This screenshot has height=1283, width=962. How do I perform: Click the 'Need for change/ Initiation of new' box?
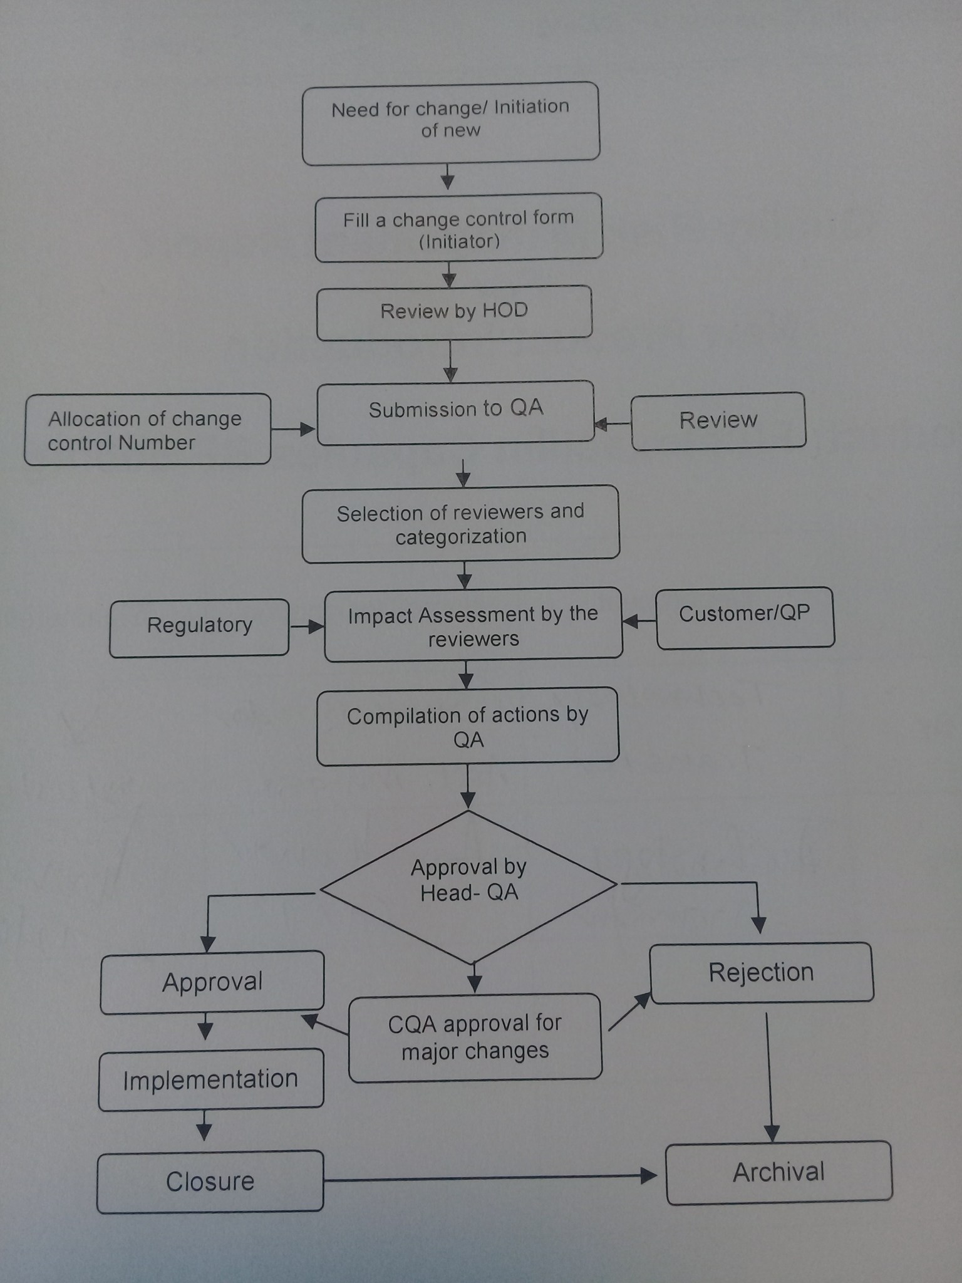[451, 123]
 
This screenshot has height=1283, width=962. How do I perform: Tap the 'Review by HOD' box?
[454, 312]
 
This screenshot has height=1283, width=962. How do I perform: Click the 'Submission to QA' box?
[455, 412]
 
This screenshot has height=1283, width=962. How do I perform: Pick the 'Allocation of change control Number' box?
[148, 430]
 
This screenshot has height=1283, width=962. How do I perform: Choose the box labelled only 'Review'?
[718, 420]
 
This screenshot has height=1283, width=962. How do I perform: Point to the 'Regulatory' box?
[199, 626]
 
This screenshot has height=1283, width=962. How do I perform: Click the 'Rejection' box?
[761, 973]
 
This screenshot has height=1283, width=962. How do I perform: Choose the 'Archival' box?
[778, 1172]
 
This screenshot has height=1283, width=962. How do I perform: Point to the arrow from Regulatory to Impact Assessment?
[307, 626]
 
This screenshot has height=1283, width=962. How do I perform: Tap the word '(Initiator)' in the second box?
[459, 242]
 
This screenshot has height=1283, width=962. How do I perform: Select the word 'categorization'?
[461, 537]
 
